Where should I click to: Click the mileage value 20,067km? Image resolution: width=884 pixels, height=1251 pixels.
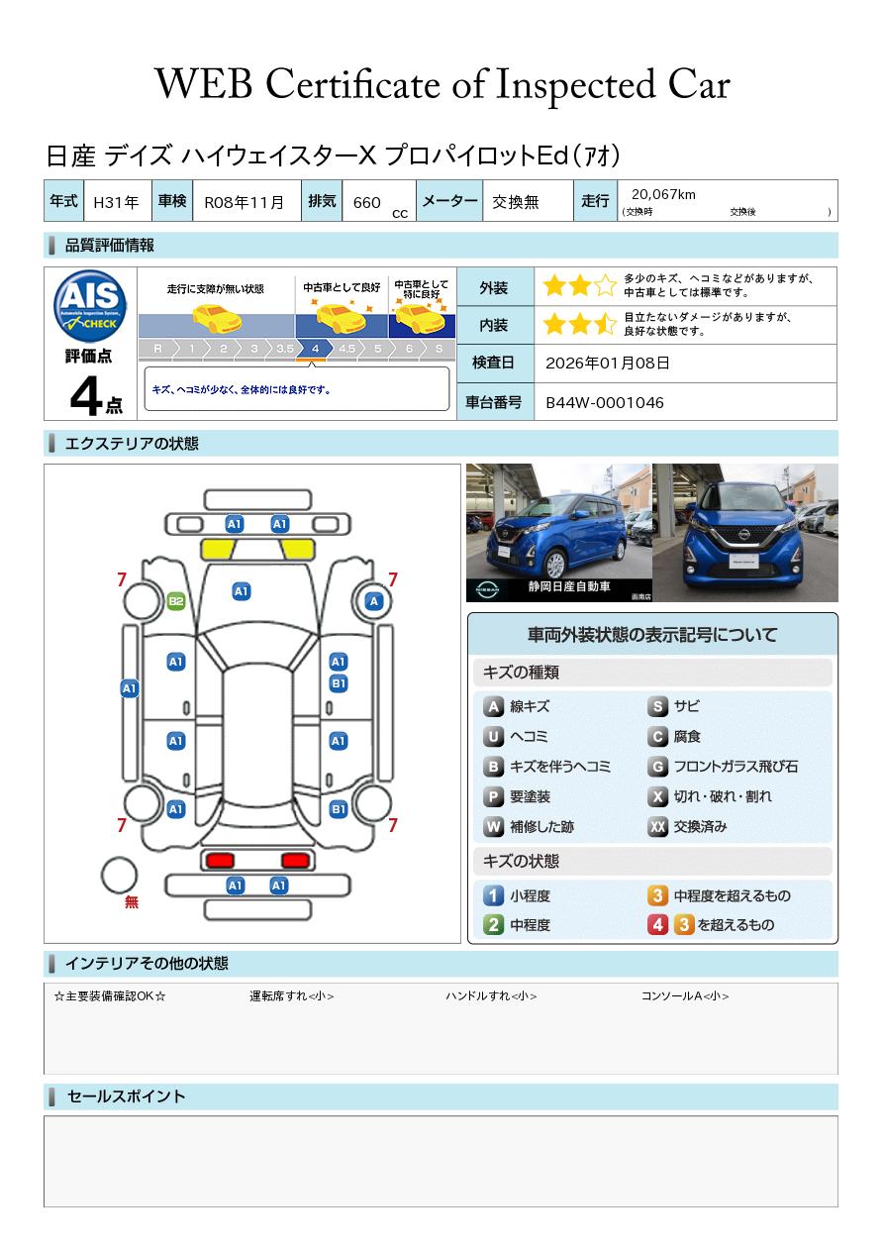[x=663, y=194]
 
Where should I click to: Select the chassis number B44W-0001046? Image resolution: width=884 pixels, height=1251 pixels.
[x=605, y=402]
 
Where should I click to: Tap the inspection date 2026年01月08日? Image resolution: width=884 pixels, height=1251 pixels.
[x=607, y=363]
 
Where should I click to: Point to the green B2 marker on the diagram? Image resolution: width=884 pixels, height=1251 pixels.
[x=176, y=601]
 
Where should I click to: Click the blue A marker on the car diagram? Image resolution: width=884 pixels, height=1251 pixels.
[x=374, y=601]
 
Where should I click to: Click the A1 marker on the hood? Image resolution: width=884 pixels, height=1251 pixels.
[x=242, y=591]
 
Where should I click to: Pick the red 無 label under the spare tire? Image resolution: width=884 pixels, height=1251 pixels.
[x=132, y=901]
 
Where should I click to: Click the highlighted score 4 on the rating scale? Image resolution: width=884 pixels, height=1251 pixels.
[x=315, y=349]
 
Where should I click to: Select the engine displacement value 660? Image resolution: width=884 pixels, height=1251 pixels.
[x=366, y=202]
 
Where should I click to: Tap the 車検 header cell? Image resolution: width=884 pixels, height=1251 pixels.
[x=172, y=200]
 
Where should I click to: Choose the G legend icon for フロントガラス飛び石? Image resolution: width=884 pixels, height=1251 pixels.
[x=657, y=767]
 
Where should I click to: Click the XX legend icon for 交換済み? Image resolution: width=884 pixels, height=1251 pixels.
[x=657, y=826]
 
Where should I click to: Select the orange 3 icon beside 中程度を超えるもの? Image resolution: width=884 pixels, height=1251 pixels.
[x=657, y=895]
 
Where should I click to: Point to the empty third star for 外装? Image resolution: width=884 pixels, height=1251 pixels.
[x=605, y=285]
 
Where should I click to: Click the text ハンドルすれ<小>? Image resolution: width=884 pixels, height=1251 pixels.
[x=491, y=995]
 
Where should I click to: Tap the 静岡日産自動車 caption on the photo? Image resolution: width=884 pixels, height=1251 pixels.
[x=569, y=586]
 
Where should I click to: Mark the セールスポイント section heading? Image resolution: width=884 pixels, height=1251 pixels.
[x=126, y=1096]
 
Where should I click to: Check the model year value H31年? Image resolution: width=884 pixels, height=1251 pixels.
[x=116, y=202]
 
